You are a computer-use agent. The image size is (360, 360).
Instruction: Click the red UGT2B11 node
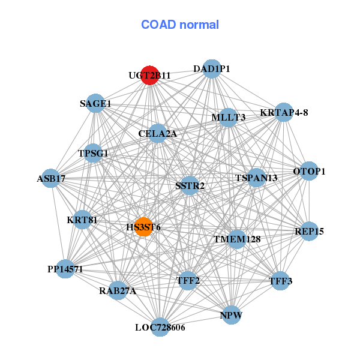149,76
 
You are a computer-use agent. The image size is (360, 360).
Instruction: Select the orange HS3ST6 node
143,227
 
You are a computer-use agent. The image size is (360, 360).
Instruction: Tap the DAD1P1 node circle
211,69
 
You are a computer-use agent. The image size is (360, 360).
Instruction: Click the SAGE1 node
96,103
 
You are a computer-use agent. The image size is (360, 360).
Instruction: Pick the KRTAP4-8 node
284,112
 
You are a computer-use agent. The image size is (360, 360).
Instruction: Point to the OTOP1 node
309,172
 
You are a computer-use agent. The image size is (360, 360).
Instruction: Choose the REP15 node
309,231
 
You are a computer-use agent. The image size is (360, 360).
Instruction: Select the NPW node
232,314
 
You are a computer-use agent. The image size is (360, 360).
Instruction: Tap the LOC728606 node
160,327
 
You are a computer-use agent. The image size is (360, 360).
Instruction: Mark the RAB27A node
118,291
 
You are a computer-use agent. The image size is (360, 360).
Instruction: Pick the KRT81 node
82,220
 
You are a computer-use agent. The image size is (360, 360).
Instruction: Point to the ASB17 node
51,178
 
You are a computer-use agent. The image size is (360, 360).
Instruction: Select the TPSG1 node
94,153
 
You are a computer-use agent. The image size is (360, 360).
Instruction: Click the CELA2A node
158,133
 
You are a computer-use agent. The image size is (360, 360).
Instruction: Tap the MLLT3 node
229,117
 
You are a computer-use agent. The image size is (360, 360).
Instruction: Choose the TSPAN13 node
256,178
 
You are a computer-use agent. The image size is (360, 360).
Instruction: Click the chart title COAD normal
180,25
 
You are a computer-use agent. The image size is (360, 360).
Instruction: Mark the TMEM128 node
237,239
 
